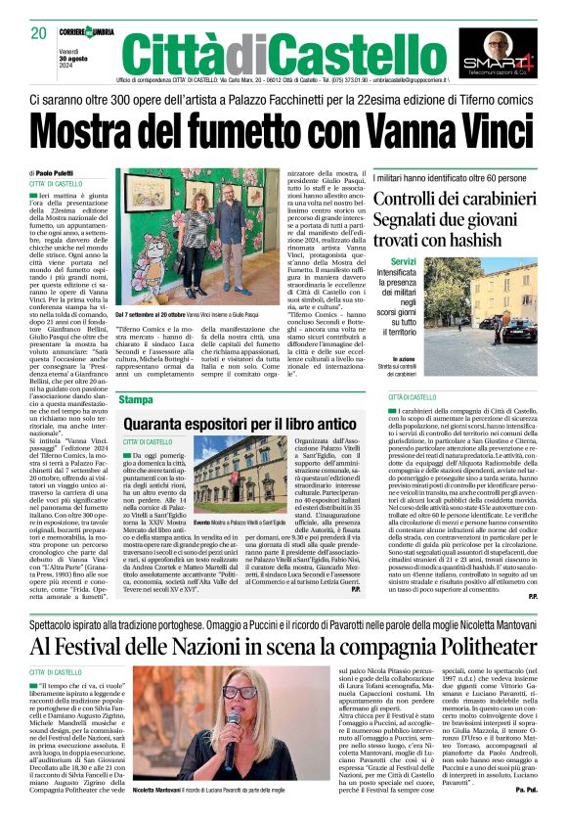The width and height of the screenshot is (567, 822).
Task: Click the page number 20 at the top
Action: click(38, 33)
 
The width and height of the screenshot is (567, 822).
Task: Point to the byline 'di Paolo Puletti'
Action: click(57, 173)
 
